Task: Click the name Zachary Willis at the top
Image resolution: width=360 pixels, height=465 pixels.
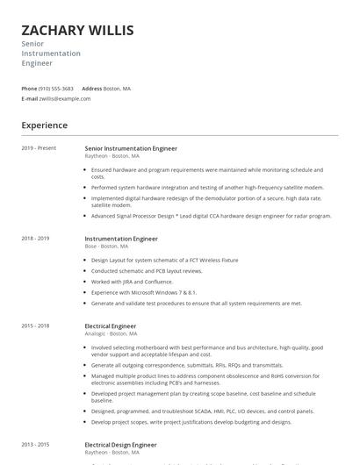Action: (77, 31)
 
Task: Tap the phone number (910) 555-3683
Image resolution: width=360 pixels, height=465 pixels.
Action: (57, 89)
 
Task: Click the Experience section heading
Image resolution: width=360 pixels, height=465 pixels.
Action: (44, 125)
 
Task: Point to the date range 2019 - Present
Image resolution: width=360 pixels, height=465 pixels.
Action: (39, 148)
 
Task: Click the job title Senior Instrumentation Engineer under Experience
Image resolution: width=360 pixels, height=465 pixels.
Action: (131, 148)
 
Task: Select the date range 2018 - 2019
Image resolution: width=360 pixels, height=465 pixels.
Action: (35, 239)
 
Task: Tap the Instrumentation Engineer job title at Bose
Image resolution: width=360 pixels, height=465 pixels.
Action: (121, 239)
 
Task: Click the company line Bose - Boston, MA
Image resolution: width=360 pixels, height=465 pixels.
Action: (111, 247)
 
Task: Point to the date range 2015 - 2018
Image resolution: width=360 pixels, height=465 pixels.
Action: (35, 326)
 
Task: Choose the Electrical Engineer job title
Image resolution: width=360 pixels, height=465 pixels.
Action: (110, 326)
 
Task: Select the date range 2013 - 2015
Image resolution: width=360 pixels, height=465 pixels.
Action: (35, 445)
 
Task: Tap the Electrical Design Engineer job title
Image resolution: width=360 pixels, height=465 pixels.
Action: (120, 445)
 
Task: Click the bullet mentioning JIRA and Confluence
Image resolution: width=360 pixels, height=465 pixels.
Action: (132, 282)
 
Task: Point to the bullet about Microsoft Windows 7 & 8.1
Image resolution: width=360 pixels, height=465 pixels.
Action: (143, 292)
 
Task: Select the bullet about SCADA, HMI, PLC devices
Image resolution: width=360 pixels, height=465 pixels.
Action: (202, 411)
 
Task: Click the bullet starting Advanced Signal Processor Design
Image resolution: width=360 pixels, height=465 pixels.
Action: (211, 216)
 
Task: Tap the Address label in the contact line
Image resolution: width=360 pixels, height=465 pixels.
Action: (91, 89)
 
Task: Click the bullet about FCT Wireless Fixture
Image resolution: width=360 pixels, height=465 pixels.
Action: (164, 261)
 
